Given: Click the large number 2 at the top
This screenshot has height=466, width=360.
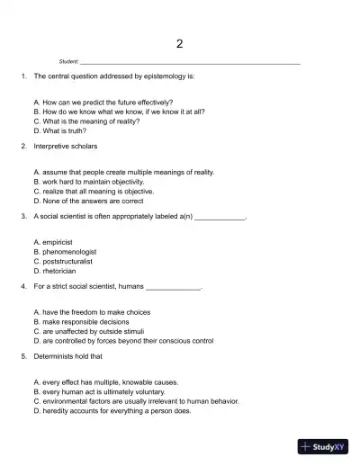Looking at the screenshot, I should coord(180,44).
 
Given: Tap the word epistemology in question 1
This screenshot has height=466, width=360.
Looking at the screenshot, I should coord(166,77).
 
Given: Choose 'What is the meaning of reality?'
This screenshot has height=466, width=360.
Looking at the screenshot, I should coord(85,121).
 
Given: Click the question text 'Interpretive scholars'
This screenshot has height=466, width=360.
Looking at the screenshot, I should coord(66,145).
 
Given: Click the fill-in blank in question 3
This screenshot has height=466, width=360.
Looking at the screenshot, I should coord(220,218).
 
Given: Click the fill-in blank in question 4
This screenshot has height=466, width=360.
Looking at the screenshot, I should coord(173,287).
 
